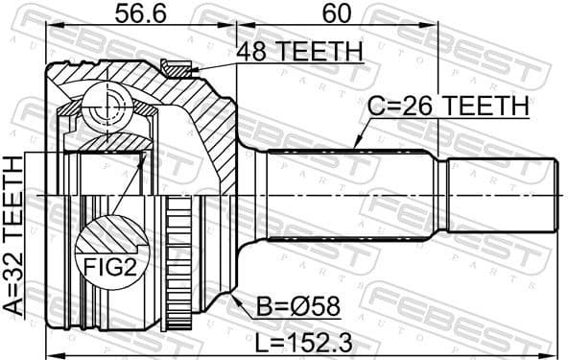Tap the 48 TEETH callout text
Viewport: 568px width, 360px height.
pyautogui.click(x=299, y=51)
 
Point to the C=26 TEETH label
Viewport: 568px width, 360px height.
pyautogui.click(x=447, y=107)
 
